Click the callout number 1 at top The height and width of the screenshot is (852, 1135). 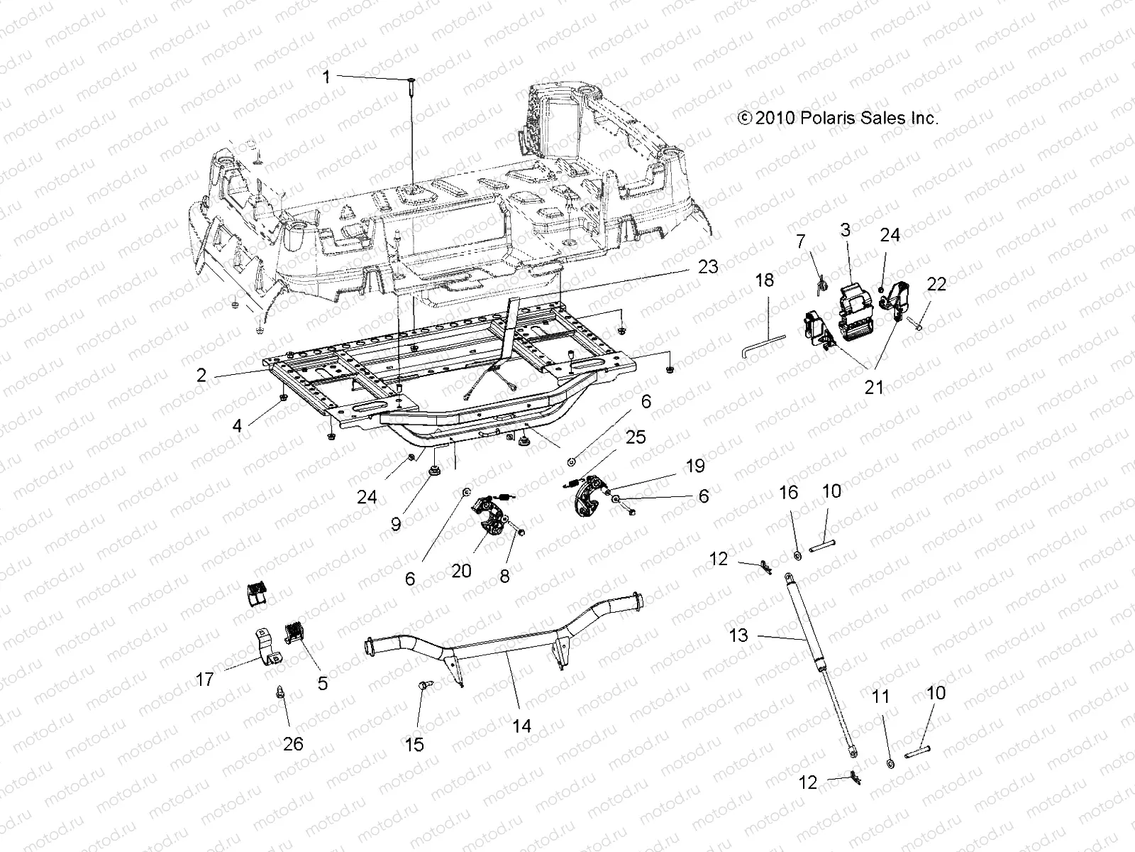pyautogui.click(x=326, y=77)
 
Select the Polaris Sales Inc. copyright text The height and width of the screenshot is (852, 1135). pyautogui.click(x=838, y=119)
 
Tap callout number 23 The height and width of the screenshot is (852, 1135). pyautogui.click(x=707, y=267)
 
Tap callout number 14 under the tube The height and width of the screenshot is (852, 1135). pyautogui.click(x=521, y=726)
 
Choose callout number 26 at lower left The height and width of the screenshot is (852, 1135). pyautogui.click(x=293, y=743)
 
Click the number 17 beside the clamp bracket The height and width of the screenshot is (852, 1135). pyautogui.click(x=205, y=679)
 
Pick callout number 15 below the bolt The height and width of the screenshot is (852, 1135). pyautogui.click(x=414, y=744)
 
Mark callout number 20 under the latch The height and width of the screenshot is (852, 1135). pyautogui.click(x=461, y=571)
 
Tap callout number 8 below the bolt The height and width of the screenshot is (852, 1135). pyautogui.click(x=504, y=576)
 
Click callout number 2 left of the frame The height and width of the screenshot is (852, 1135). pyautogui.click(x=201, y=375)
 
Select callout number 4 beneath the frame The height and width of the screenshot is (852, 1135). pyautogui.click(x=237, y=425)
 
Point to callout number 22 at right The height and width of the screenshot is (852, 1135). pyautogui.click(x=936, y=284)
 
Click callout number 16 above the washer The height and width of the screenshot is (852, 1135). pyautogui.click(x=789, y=493)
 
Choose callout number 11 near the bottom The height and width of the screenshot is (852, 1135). pyautogui.click(x=880, y=698)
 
